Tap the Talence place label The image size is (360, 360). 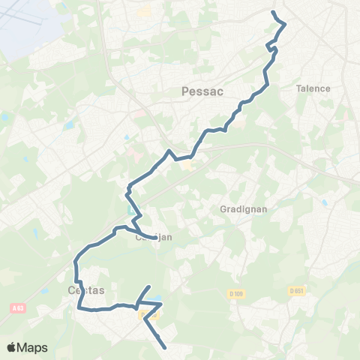[x=313, y=88]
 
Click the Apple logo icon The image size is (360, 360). [x=11, y=347]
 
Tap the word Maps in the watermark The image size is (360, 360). [x=32, y=347]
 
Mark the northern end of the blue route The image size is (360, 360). [x=273, y=12]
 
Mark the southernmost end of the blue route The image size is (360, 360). [x=164, y=347]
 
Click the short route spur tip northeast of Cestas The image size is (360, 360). [x=149, y=287]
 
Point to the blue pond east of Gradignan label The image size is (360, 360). [x=324, y=203]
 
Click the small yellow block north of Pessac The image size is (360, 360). [x=145, y=12]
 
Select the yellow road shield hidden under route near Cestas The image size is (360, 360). [x=146, y=316]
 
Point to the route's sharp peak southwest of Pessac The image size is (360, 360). [x=171, y=151]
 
